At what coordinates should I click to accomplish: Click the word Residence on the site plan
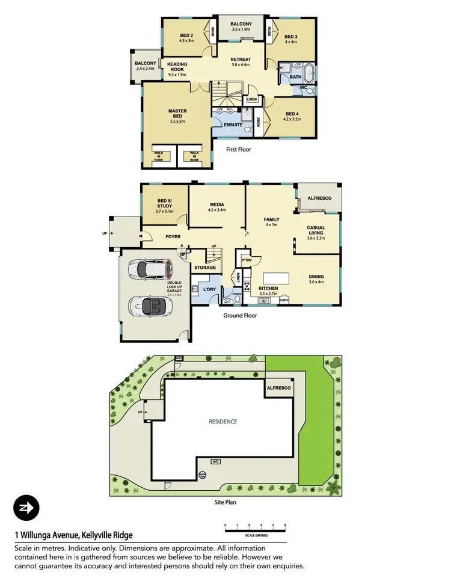[222, 422]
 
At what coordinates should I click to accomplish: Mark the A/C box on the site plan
[215, 461]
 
